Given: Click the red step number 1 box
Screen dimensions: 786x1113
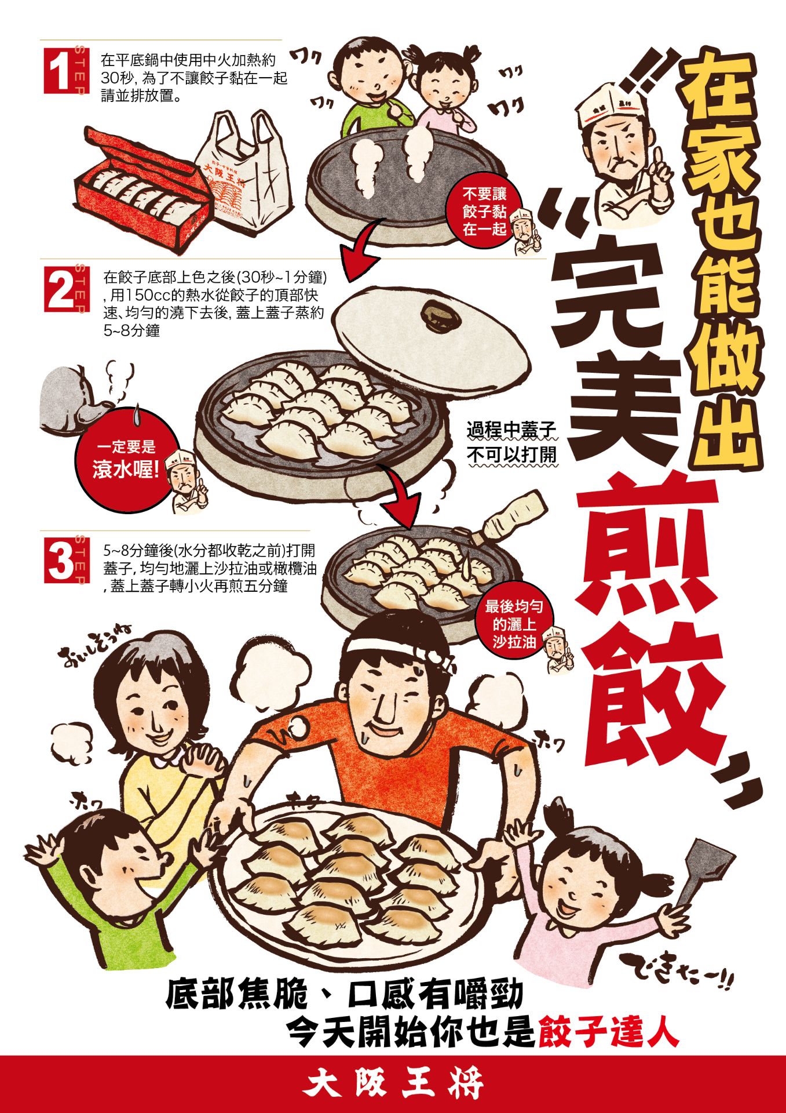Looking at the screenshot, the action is (x=60, y=70).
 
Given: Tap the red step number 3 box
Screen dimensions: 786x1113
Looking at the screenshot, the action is (x=60, y=559).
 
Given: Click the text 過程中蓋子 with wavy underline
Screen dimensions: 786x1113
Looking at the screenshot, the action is (x=511, y=430).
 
